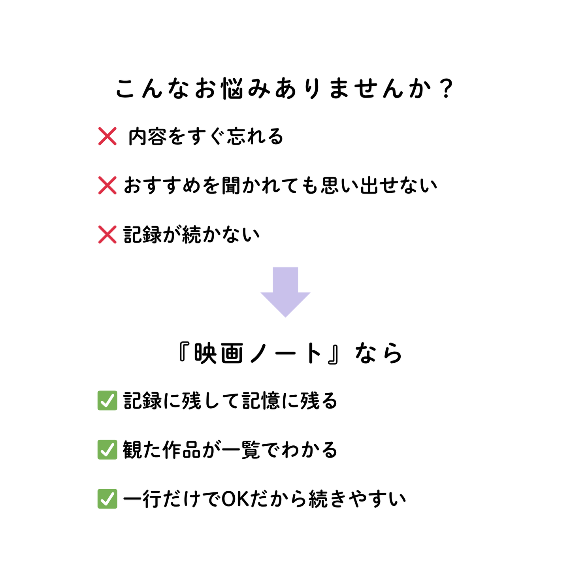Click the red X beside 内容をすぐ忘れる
point(107,136)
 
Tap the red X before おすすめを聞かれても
point(107,185)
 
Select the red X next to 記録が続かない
point(107,235)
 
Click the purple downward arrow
point(285,292)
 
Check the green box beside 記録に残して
point(107,401)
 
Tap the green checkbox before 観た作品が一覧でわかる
point(107,450)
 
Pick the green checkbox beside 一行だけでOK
point(107,499)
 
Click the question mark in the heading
point(446,88)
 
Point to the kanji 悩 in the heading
point(233,88)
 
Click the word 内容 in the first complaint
point(147,137)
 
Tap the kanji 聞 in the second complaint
point(231,186)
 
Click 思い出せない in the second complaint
point(379,186)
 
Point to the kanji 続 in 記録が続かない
point(191,235)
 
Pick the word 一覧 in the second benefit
point(241,450)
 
